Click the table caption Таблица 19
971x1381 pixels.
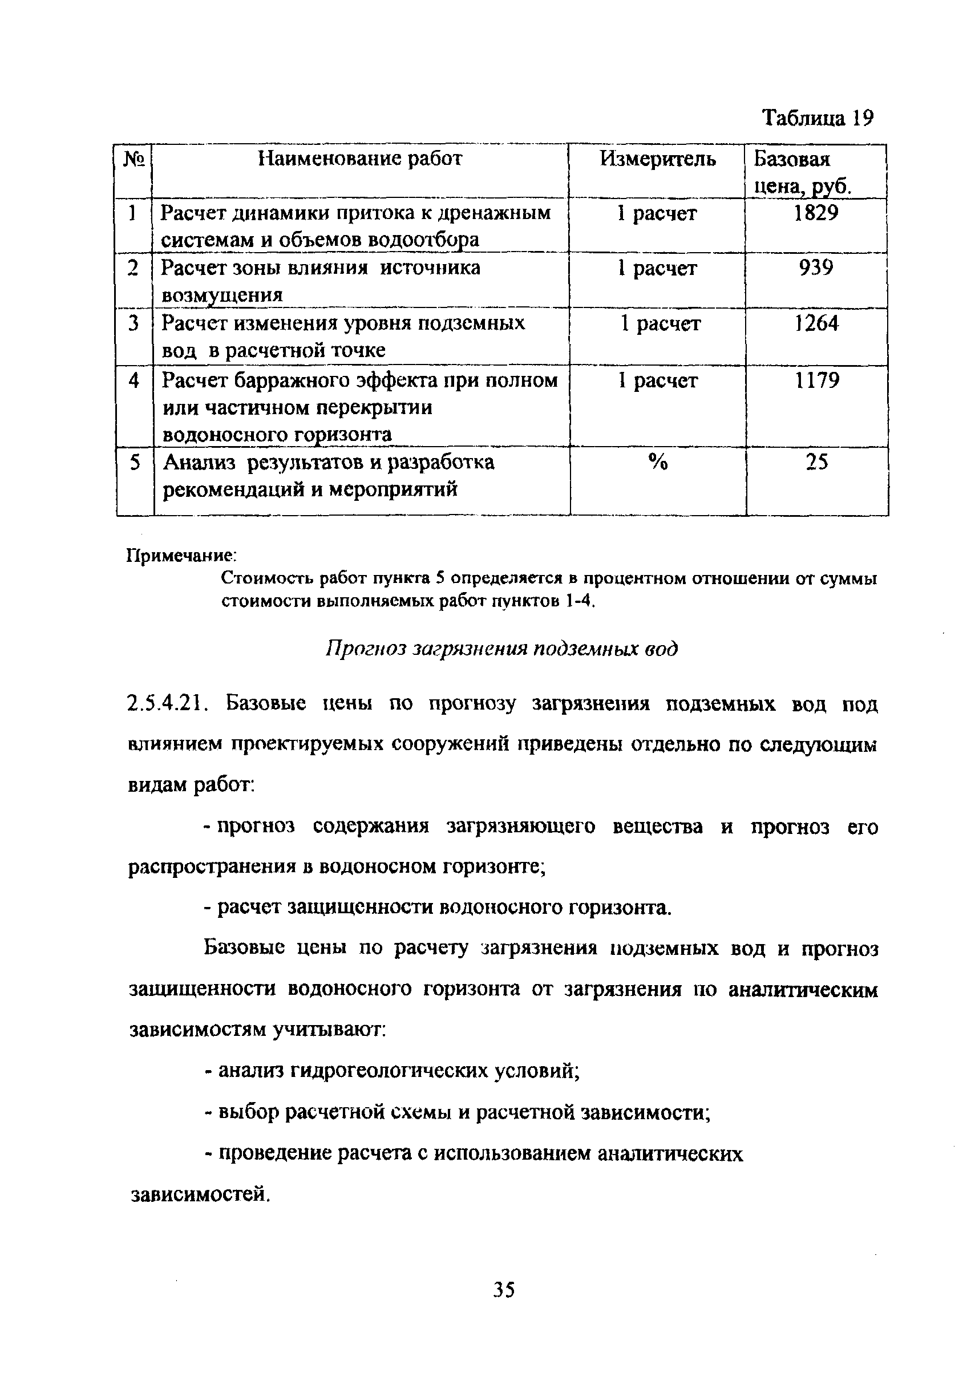[x=816, y=118]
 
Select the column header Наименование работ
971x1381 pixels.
[x=360, y=159]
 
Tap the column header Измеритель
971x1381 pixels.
[x=658, y=159]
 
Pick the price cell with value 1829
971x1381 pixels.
[x=816, y=213]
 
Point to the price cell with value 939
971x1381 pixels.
[x=816, y=268]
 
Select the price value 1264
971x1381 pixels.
[x=816, y=323]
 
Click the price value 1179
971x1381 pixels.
[x=816, y=380]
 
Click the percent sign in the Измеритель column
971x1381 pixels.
[x=658, y=463]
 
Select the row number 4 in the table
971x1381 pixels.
[x=133, y=380]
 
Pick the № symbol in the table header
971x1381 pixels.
[x=134, y=159]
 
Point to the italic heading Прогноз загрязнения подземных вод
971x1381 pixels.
[x=501, y=649]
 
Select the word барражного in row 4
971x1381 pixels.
[x=295, y=380]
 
